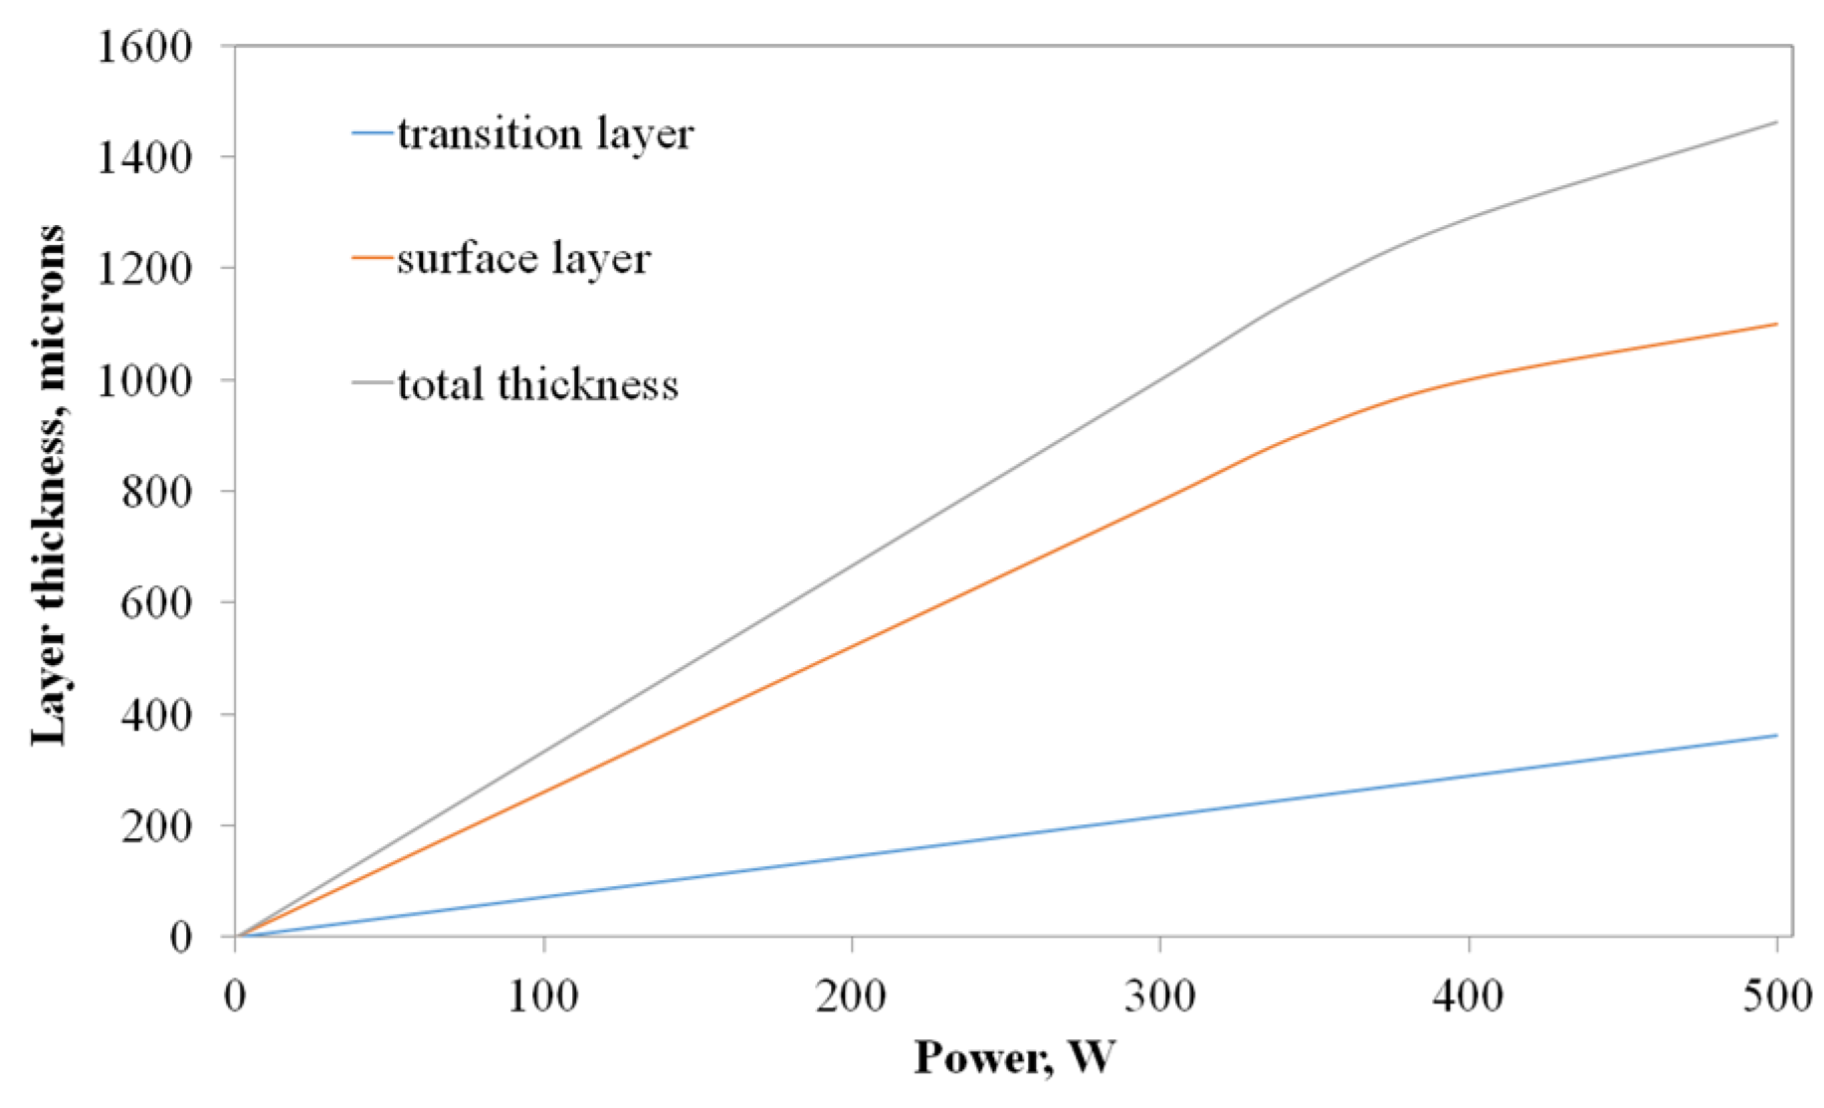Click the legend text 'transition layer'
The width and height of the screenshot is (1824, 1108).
[x=544, y=134]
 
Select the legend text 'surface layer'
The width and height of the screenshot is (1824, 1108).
[x=523, y=259]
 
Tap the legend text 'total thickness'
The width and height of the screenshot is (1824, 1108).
[x=537, y=384]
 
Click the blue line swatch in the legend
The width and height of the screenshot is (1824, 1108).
[x=372, y=132]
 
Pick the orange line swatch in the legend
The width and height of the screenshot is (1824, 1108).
[x=372, y=258]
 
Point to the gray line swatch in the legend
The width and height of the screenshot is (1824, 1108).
[x=372, y=383]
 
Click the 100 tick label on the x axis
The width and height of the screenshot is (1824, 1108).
[x=543, y=996]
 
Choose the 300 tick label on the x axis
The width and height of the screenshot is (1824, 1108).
[x=1160, y=996]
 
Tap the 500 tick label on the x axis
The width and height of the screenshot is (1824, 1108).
[x=1777, y=996]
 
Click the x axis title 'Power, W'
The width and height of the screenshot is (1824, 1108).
[x=1014, y=1057]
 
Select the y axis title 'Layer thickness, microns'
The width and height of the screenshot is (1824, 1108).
[x=48, y=485]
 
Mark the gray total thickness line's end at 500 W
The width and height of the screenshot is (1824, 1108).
[x=1776, y=122]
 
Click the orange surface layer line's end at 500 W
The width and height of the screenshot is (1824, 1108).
[x=1776, y=324]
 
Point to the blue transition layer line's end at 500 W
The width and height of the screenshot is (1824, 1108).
[x=1776, y=736]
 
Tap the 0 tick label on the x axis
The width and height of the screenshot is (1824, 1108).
[x=235, y=996]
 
